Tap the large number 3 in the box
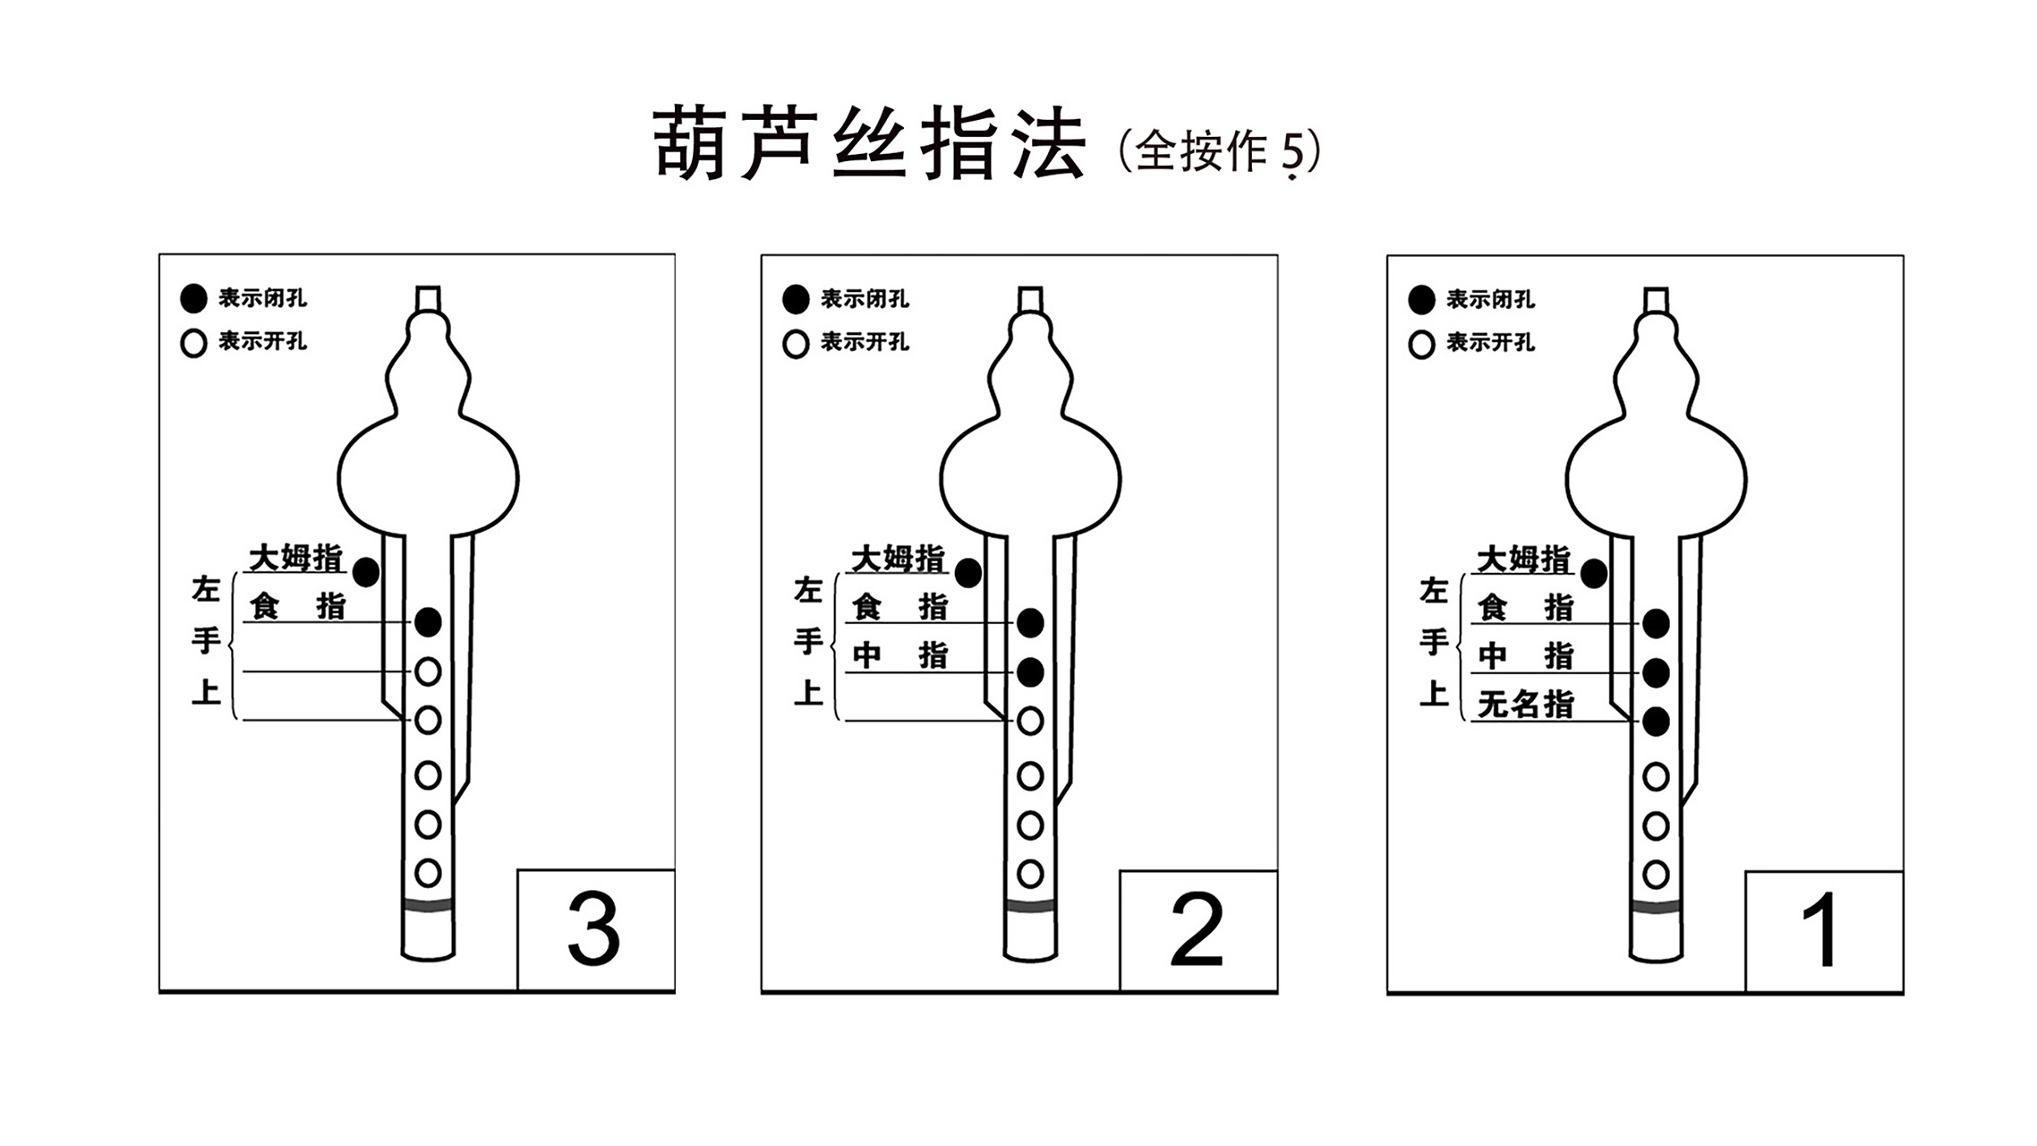[593, 931]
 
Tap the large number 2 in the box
[1197, 931]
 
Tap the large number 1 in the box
[1820, 932]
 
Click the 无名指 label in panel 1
[1525, 705]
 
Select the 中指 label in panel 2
[899, 655]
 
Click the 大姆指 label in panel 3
[295, 558]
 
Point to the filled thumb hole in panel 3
[365, 572]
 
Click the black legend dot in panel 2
[796, 299]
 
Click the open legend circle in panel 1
[1421, 344]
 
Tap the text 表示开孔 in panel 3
[262, 341]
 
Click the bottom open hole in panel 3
[428, 872]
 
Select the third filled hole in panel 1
[1656, 721]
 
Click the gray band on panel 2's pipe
[1030, 906]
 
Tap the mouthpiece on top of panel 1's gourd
[1656, 299]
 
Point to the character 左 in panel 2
[807, 590]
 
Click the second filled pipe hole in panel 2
[1030, 671]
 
